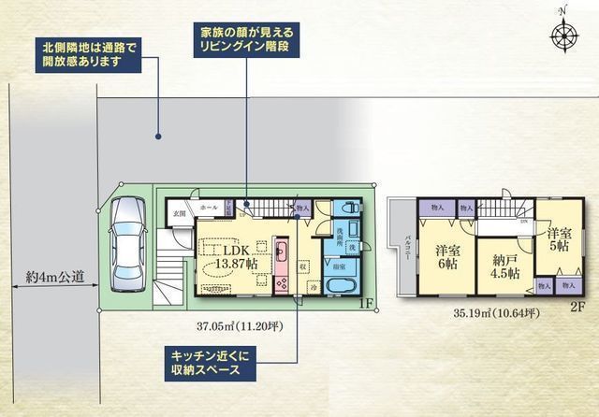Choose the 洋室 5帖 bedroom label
[560, 238]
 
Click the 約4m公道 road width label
[55, 276]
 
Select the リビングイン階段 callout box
[246, 37]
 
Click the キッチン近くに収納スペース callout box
[212, 363]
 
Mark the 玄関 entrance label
[178, 214]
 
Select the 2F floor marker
[577, 306]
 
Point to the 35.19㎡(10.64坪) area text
[495, 313]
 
